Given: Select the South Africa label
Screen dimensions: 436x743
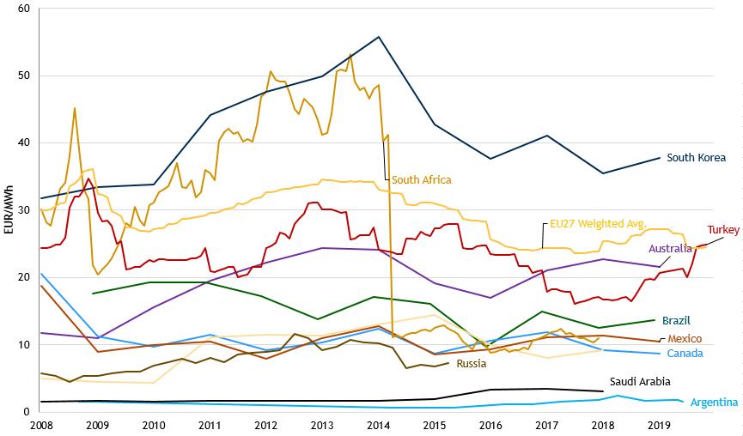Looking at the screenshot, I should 421,180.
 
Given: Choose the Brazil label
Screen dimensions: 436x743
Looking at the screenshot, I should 676,320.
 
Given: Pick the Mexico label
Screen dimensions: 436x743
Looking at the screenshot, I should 685,339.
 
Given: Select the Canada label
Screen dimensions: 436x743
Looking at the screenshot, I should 685,354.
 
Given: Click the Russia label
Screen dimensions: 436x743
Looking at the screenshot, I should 472,364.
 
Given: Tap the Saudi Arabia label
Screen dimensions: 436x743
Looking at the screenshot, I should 640,382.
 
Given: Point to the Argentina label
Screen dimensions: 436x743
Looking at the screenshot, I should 714,403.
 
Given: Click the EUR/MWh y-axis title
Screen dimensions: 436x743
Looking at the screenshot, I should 8,209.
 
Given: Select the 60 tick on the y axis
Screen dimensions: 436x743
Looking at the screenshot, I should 23,9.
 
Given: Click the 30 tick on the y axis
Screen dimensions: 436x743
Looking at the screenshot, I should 23,210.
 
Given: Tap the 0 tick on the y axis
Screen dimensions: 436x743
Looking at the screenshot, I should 26,412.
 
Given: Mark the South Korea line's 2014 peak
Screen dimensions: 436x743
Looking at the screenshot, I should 379,37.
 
